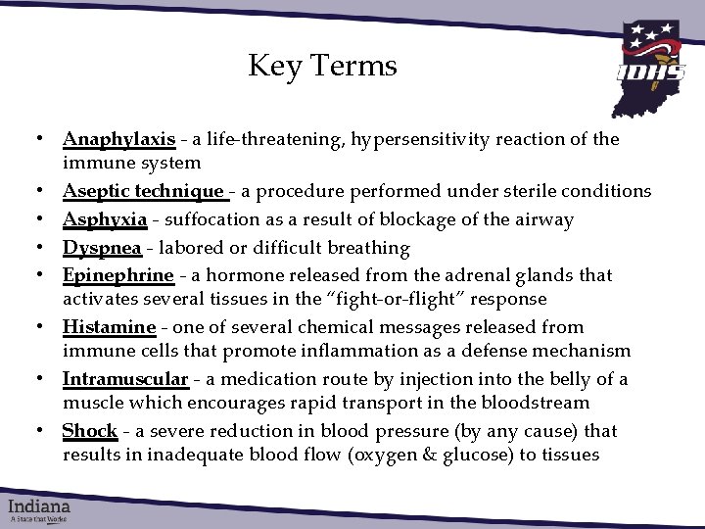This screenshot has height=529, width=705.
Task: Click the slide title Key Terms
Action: click(322, 66)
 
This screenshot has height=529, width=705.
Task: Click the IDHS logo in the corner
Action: click(650, 65)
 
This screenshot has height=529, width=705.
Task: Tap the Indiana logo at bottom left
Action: click(40, 509)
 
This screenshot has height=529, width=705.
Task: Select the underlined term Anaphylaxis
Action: click(118, 139)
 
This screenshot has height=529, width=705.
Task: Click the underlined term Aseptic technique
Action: click(143, 191)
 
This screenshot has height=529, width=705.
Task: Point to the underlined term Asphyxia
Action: click(105, 219)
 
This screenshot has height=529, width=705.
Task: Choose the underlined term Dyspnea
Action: click(102, 248)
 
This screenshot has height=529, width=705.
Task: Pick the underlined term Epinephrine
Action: click(117, 275)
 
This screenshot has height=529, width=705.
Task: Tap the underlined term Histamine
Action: click(109, 327)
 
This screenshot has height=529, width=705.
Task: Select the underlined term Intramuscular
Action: click(124, 379)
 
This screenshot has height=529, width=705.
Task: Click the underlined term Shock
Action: click(89, 431)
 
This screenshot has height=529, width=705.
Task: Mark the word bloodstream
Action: click(540, 403)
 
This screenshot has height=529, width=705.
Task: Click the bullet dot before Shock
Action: click(34, 432)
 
